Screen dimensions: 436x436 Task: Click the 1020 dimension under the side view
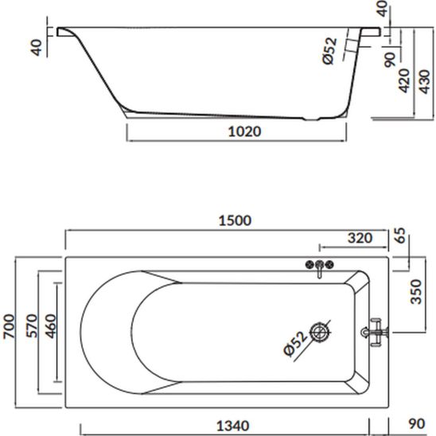coord(245,131)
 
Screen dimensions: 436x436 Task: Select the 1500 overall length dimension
coord(235,220)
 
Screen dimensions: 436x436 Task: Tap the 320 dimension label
coord(360,238)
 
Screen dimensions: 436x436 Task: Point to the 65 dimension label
coord(400,236)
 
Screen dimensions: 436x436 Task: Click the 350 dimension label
coord(416,292)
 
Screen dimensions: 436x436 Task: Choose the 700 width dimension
coord(9,326)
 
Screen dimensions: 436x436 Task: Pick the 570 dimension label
coord(32,326)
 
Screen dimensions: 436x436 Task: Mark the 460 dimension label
coord(51,326)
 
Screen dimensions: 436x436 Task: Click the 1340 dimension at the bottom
coord(233,426)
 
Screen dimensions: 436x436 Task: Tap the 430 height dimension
coord(425,82)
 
